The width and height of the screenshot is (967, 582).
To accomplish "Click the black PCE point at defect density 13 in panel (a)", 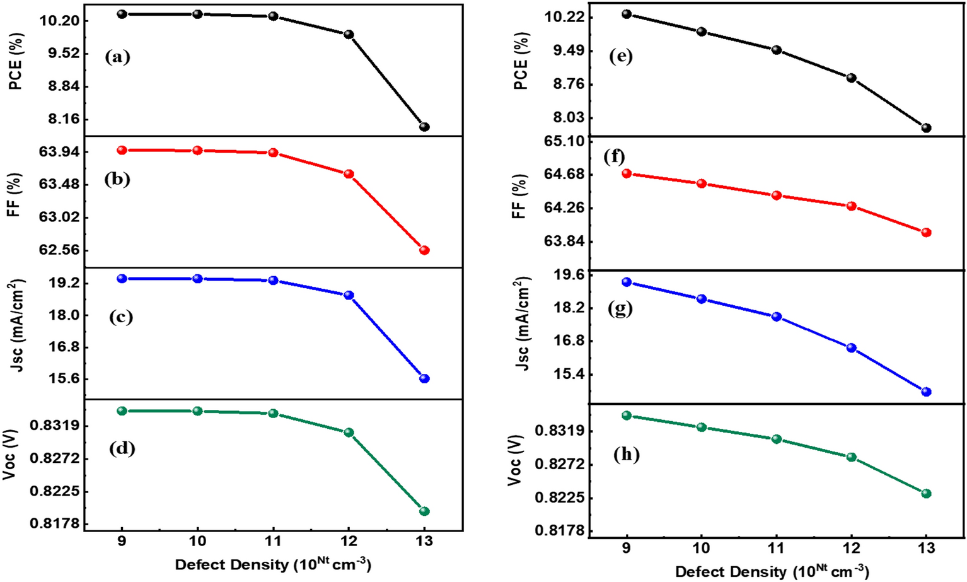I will [x=424, y=127].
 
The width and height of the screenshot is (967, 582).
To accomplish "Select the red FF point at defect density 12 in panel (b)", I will [x=349, y=174].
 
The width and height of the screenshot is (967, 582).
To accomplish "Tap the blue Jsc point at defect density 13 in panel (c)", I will [x=424, y=378].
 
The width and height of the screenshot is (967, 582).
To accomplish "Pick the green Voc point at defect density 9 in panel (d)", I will [x=122, y=410].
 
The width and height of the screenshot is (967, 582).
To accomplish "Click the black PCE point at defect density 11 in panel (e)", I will [x=777, y=50].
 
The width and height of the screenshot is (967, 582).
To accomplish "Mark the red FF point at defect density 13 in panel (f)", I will [x=926, y=232].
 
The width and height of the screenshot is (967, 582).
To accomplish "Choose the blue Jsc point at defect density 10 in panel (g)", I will [x=702, y=299].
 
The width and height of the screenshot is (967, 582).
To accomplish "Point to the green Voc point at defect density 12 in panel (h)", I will [x=852, y=457].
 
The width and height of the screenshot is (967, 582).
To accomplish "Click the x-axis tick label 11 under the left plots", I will [x=273, y=541].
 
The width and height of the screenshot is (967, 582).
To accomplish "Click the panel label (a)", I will [x=118, y=57].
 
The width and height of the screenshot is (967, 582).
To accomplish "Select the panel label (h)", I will [x=627, y=455].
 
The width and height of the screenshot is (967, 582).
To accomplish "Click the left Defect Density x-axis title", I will [x=273, y=564].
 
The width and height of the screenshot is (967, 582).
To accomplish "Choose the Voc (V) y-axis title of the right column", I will [x=516, y=460].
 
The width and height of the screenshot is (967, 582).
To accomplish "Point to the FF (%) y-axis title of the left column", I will [x=14, y=195].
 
